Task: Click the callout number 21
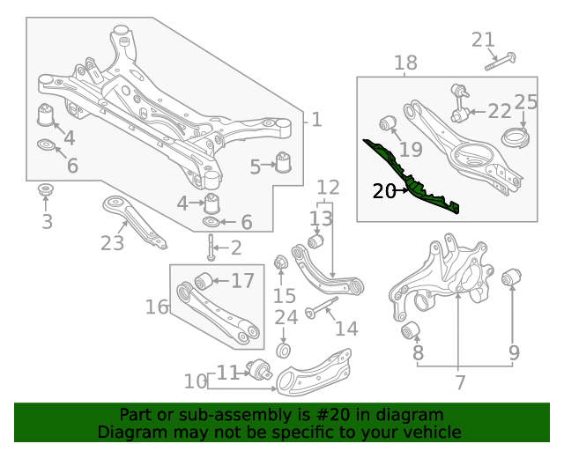483,39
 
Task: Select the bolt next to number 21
499,62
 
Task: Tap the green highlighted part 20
412,175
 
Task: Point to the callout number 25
525,101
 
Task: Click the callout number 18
405,63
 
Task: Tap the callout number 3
47,221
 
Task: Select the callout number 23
112,243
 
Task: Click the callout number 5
255,166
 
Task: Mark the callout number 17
242,281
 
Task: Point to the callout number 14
346,329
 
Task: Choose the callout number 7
459,382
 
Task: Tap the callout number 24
286,317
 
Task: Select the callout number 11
228,372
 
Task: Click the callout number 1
316,120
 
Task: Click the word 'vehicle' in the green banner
429,433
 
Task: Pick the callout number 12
327,187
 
